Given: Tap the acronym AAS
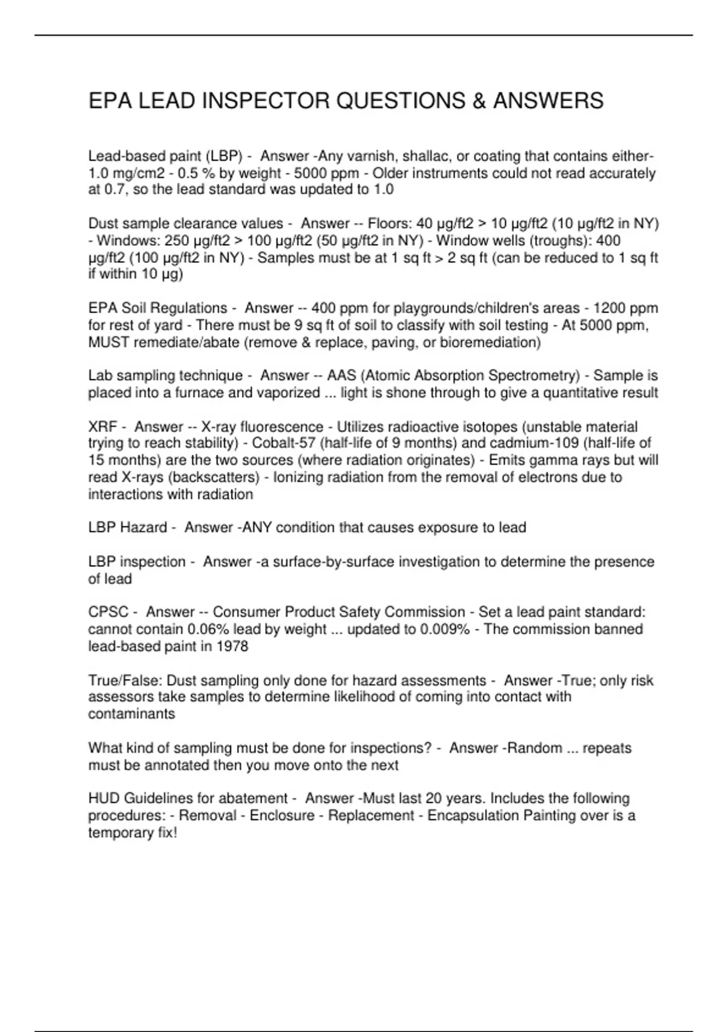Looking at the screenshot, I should click(340, 376).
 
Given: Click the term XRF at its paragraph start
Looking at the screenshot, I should click(103, 427).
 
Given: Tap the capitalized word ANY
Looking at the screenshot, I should click(258, 528).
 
